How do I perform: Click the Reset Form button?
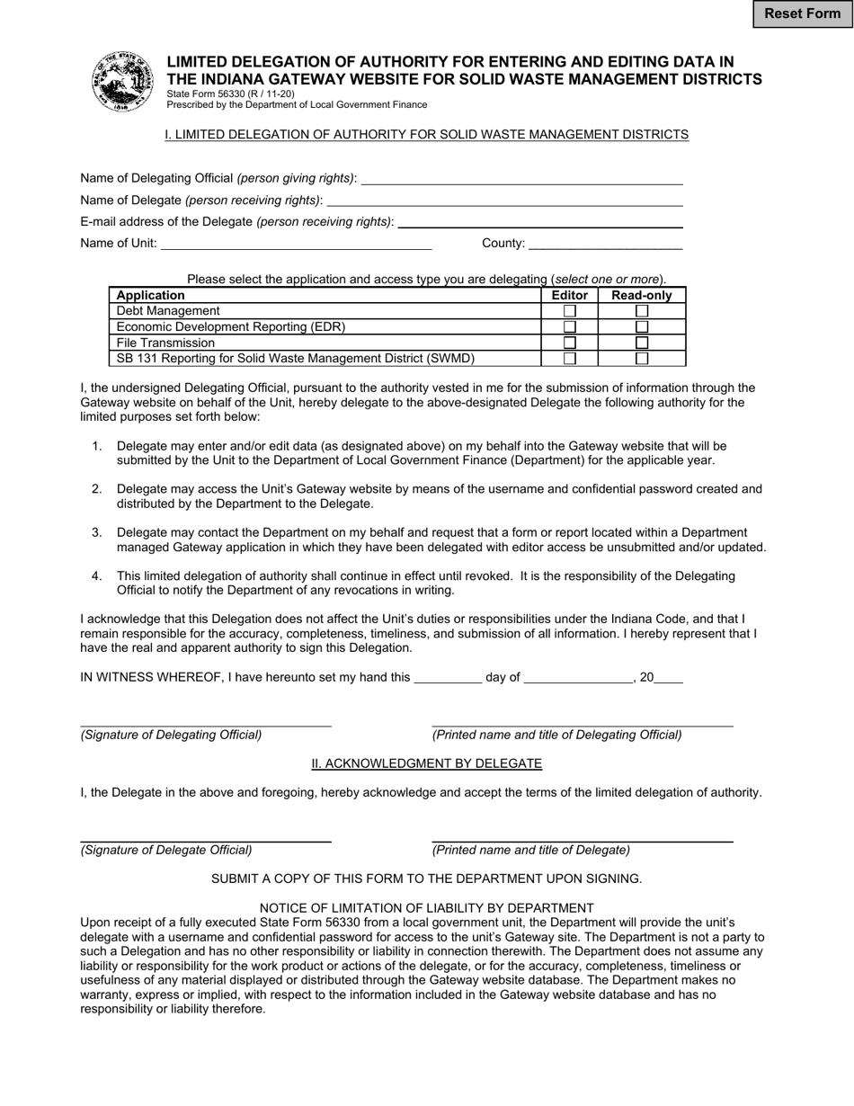click(802, 13)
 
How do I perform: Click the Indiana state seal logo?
click(122, 82)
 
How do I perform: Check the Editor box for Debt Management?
click(569, 311)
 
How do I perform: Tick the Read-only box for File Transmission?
click(642, 343)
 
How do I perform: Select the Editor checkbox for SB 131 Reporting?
click(569, 359)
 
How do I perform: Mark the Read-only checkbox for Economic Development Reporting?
click(642, 327)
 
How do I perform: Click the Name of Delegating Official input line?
click(521, 178)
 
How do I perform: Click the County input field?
click(606, 243)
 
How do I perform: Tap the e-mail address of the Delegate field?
click(539, 221)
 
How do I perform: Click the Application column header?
click(151, 295)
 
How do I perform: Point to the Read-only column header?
click(641, 295)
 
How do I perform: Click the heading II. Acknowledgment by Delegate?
click(427, 763)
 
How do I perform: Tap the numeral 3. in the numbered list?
click(97, 533)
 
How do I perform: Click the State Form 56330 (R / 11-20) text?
click(230, 94)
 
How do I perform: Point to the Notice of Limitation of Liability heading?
click(427, 908)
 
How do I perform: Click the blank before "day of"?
click(448, 678)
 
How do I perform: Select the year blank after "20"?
click(669, 678)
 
